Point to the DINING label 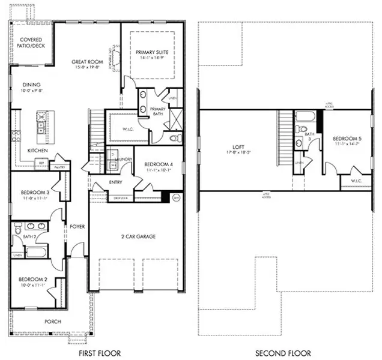(31, 85)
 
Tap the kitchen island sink (41, 125)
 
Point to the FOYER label (77, 227)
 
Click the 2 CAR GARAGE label (137, 236)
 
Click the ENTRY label (116, 182)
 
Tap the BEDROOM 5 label (347, 140)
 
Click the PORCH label (53, 321)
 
